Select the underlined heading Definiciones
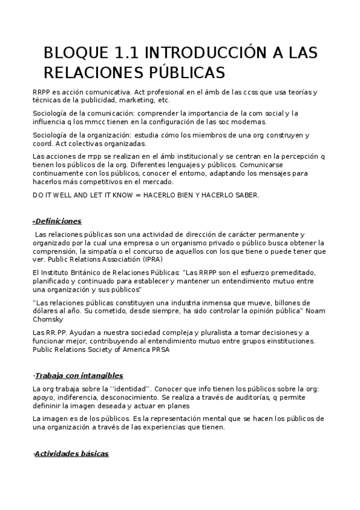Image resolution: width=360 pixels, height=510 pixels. (58, 221)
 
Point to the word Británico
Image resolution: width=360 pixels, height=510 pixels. (82, 272)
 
